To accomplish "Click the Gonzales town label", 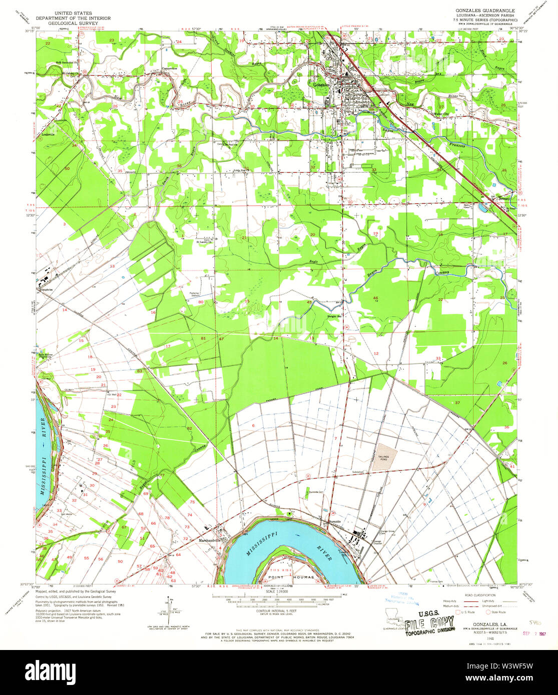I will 320,84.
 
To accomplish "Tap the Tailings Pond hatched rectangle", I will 386,455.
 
